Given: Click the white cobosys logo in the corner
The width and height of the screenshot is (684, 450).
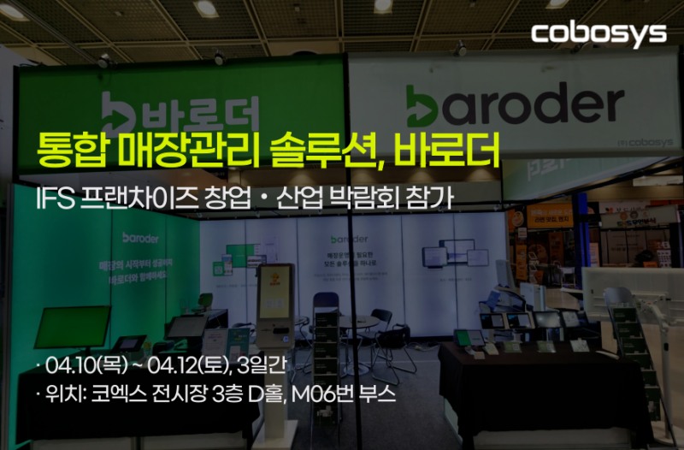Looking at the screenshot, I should click(598, 33).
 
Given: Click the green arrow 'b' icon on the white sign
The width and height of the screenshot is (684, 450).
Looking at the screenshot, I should click(425, 106).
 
